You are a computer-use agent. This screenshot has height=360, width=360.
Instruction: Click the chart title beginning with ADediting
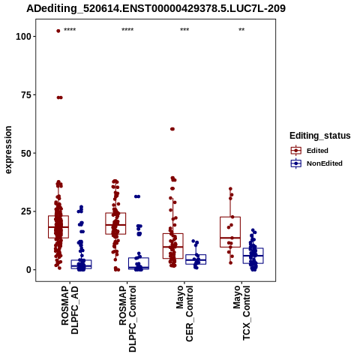(156, 9)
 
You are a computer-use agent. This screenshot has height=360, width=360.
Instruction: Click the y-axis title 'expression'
(8, 150)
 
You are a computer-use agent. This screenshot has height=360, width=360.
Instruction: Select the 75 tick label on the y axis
(25, 95)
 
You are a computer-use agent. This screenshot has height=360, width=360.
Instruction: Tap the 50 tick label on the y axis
(25, 153)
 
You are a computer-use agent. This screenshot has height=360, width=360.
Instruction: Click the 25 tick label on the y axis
(25, 211)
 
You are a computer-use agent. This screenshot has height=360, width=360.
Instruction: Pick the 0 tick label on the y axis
(28, 270)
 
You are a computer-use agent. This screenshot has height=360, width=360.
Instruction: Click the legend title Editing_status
(320, 136)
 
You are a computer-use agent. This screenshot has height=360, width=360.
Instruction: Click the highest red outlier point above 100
(58, 31)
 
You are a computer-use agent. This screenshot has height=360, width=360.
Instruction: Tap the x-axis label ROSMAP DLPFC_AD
(70, 310)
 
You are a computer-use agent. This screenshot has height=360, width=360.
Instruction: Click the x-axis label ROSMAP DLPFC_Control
(127, 319)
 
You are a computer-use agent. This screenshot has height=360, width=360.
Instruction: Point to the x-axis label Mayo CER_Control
(184, 313)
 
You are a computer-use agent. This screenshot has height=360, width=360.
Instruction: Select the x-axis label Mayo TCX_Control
(241, 313)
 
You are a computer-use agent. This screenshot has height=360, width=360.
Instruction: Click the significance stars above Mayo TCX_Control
(241, 30)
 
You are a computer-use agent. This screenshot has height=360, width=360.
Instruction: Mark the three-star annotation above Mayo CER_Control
(184, 30)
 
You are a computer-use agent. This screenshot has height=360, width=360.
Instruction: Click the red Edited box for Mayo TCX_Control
(230, 232)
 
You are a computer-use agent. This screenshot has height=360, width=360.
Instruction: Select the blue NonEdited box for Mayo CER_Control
(196, 259)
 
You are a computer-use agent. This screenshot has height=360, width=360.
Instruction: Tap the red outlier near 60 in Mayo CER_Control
(172, 129)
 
